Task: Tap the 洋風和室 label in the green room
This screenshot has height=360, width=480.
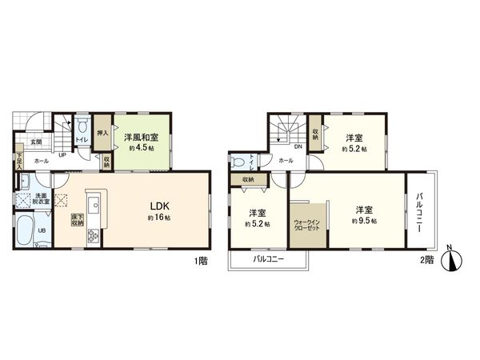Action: (141, 137)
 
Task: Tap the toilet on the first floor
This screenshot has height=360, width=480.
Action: (83, 127)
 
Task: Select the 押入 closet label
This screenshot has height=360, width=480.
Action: (102, 134)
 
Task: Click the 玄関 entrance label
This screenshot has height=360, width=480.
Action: (36, 142)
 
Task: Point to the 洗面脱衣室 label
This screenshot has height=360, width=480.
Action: (41, 199)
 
